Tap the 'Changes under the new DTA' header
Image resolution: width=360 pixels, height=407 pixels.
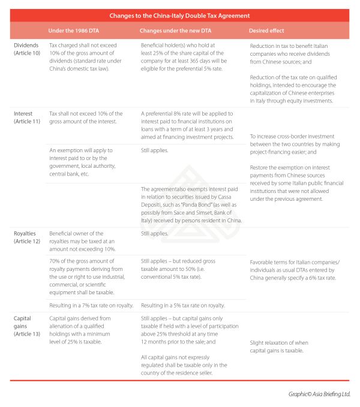(173, 30)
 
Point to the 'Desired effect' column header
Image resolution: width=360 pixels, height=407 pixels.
(268, 30)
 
